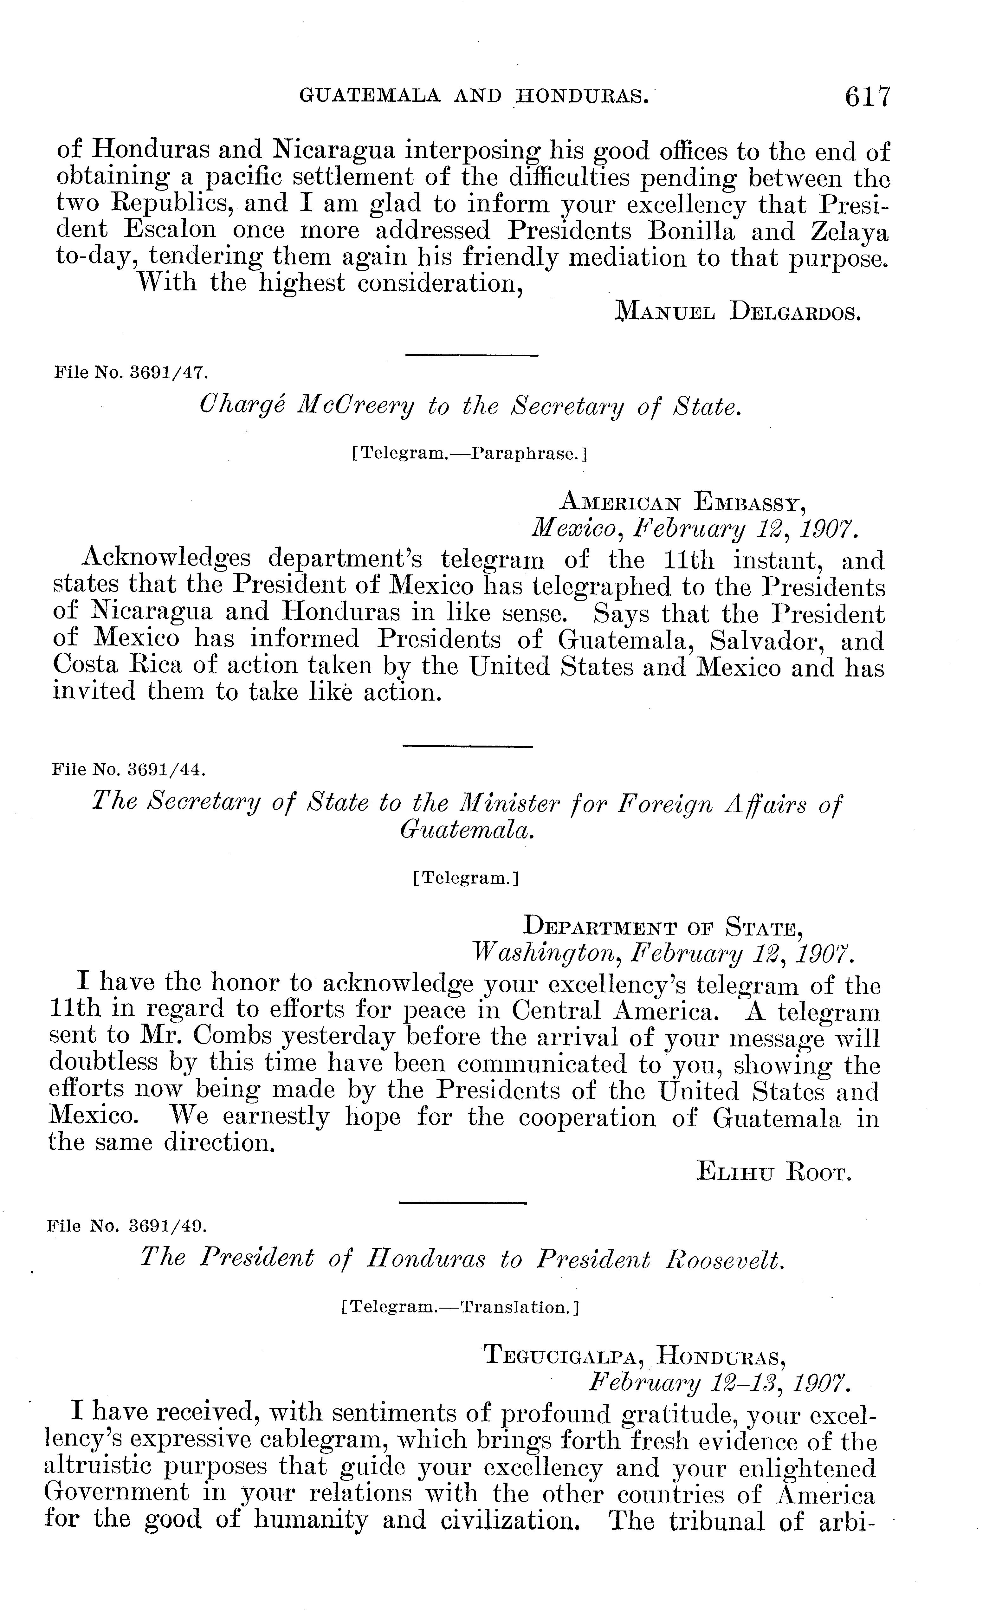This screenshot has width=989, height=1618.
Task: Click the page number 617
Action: coord(868,96)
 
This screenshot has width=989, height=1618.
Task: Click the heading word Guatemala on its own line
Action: coord(468,830)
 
